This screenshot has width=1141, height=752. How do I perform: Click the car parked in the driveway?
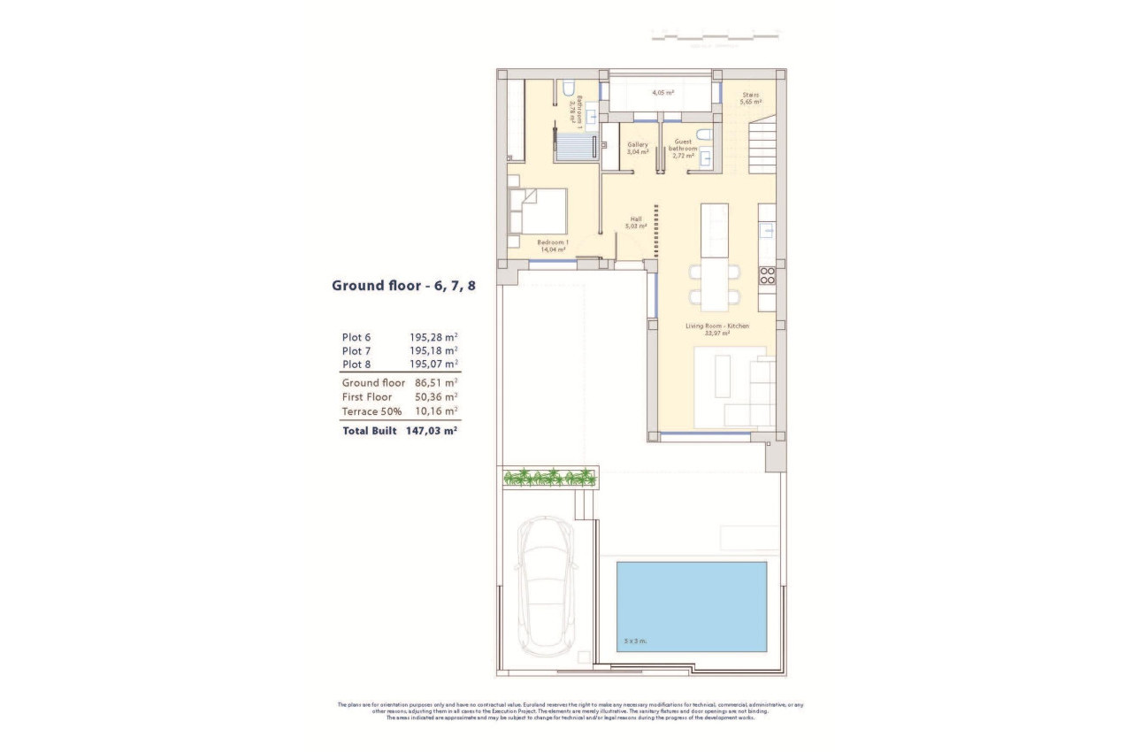tap(546, 587)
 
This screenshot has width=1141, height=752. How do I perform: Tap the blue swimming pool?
tap(691, 606)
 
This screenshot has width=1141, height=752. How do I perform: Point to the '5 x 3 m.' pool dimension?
tap(635, 641)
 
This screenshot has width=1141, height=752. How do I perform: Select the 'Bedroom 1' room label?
tap(553, 242)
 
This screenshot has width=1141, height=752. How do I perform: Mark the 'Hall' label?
tap(636, 219)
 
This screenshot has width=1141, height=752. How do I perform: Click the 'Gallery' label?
tap(638, 144)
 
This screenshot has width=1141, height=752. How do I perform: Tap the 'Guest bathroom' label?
tap(684, 144)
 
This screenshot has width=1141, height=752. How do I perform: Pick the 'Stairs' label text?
tap(751, 95)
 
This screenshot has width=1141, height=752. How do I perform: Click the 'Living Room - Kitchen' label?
tap(717, 326)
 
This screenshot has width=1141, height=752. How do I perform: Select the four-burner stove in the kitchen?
tap(767, 275)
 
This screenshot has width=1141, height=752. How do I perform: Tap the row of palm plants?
tap(549, 478)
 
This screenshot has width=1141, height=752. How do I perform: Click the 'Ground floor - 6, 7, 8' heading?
tap(403, 285)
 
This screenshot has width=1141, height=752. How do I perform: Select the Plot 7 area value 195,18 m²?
tap(433, 350)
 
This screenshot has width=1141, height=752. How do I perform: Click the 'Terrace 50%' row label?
tap(372, 411)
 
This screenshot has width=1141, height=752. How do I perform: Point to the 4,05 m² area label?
tap(663, 92)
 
